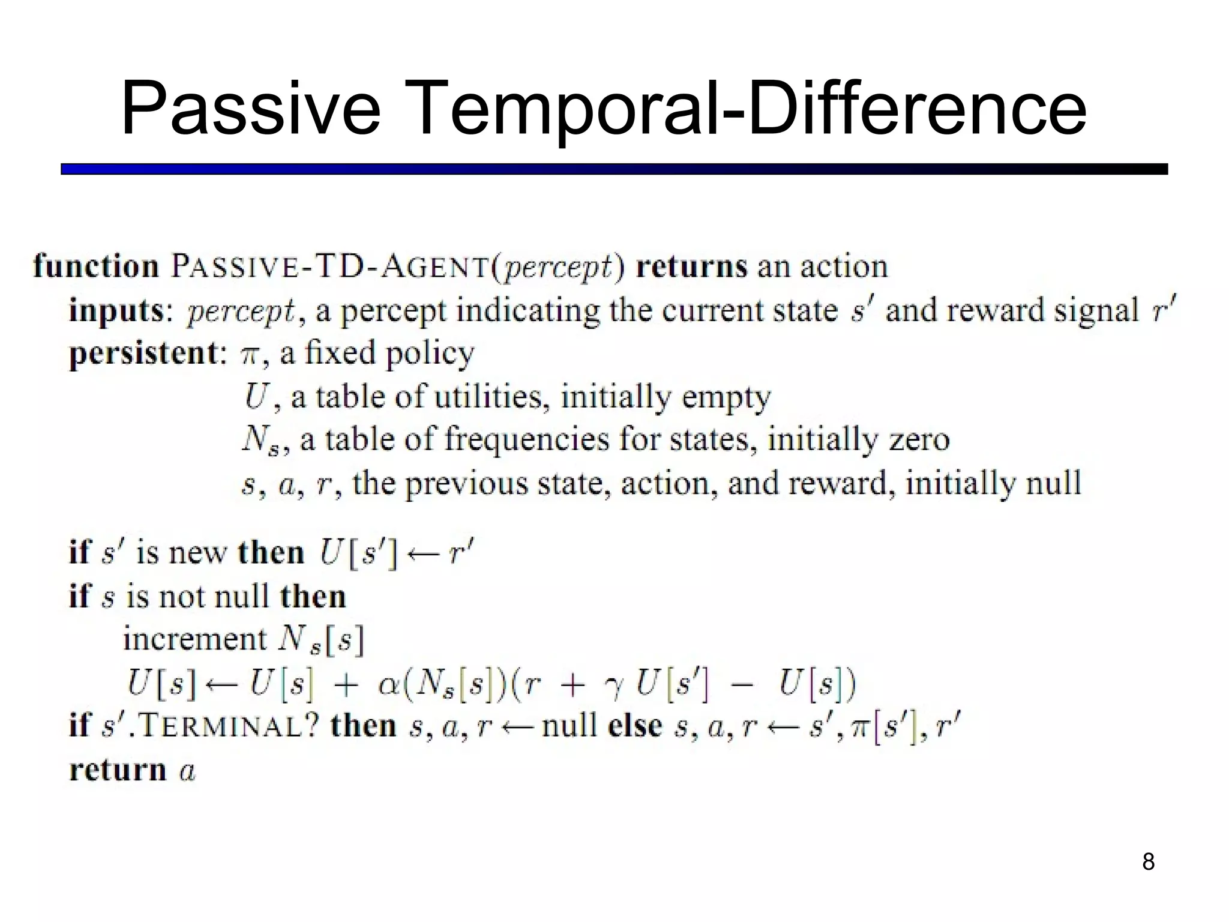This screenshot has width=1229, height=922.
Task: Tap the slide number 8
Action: pyautogui.click(x=1148, y=862)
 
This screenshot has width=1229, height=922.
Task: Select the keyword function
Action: pyautogui.click(x=96, y=266)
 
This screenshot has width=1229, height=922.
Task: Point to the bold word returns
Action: pyautogui.click(x=691, y=266)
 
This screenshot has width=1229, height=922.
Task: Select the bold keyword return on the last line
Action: pyautogui.click(x=118, y=770)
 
